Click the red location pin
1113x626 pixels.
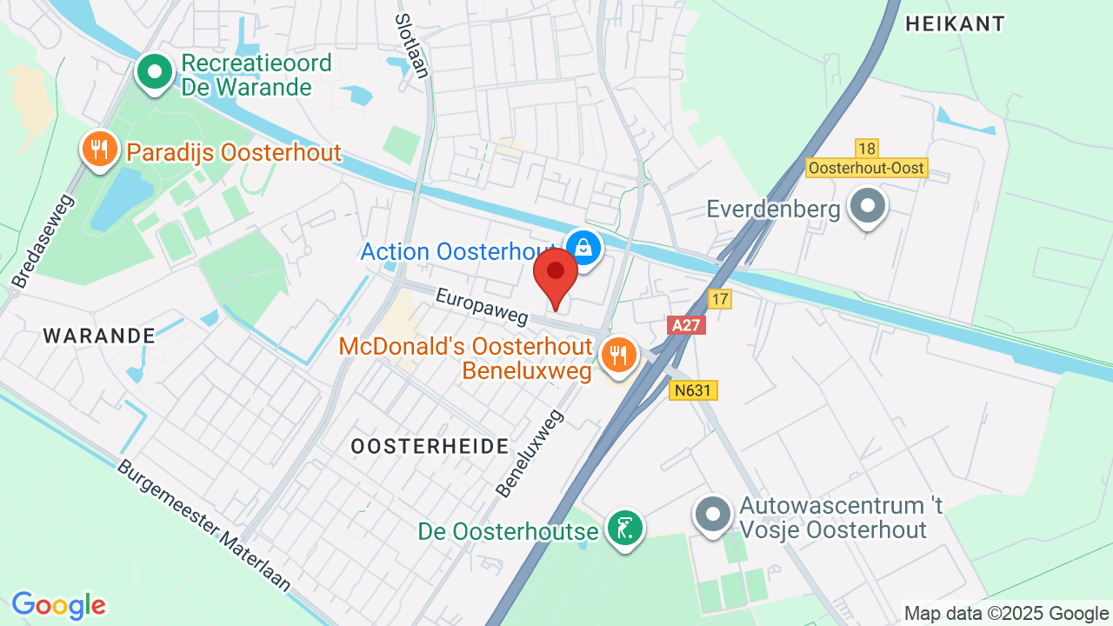point(556,274)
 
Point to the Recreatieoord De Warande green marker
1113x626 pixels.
point(156,73)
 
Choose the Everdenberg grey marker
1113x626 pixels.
point(867,208)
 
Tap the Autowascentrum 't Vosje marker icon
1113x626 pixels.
point(714,513)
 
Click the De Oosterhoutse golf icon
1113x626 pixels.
point(624,528)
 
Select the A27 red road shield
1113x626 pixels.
point(686,325)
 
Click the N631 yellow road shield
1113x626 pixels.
point(694,390)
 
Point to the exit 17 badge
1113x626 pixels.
point(719,299)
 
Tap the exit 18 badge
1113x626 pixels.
point(866,149)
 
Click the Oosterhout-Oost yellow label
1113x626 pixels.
point(866,168)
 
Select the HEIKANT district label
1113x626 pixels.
point(955,24)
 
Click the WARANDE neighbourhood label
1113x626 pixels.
point(99,336)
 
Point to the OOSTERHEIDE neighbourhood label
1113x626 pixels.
point(430,447)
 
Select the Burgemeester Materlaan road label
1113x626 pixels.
point(203,527)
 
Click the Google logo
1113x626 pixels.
point(58,605)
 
